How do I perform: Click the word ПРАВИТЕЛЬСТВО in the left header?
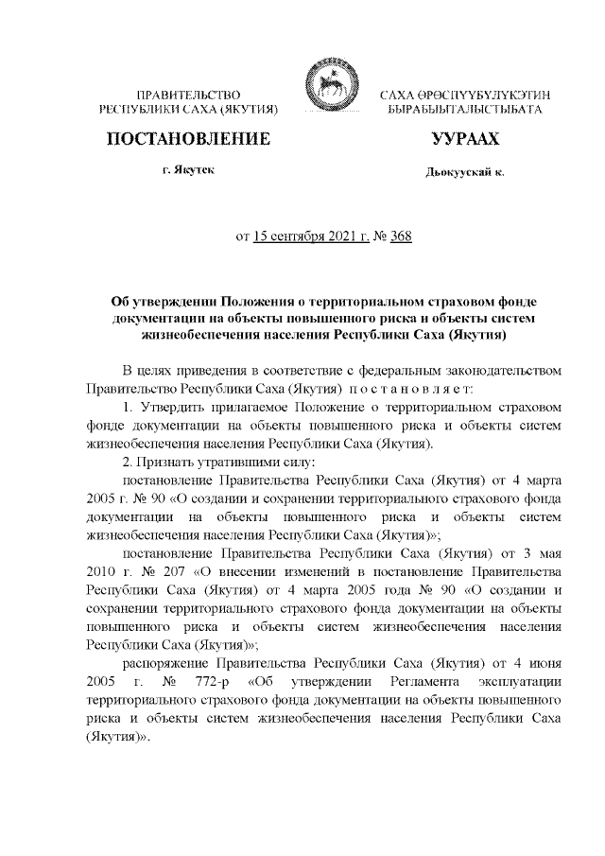[x=188, y=96]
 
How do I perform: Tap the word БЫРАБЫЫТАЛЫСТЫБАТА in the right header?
[x=466, y=111]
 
